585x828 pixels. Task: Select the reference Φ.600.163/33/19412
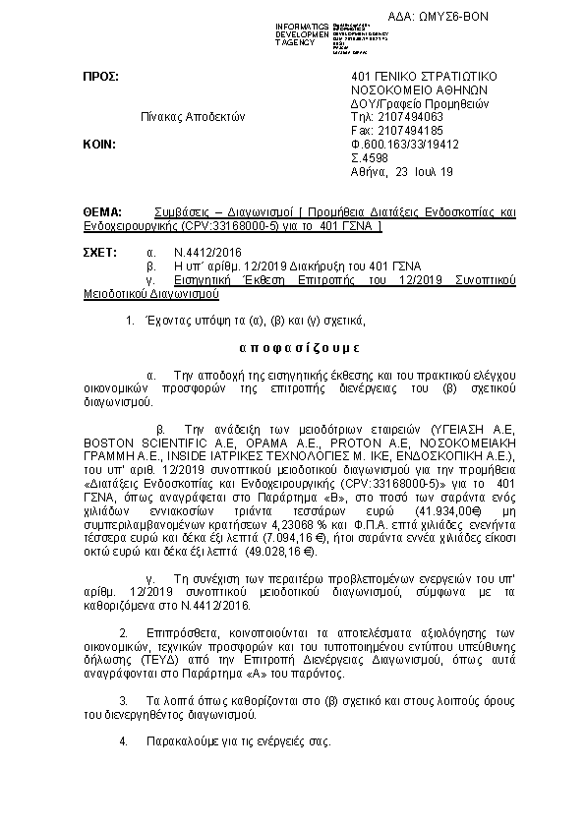[x=404, y=144]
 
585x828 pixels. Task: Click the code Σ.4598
[x=370, y=157]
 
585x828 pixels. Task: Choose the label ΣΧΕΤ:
[x=101, y=253]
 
